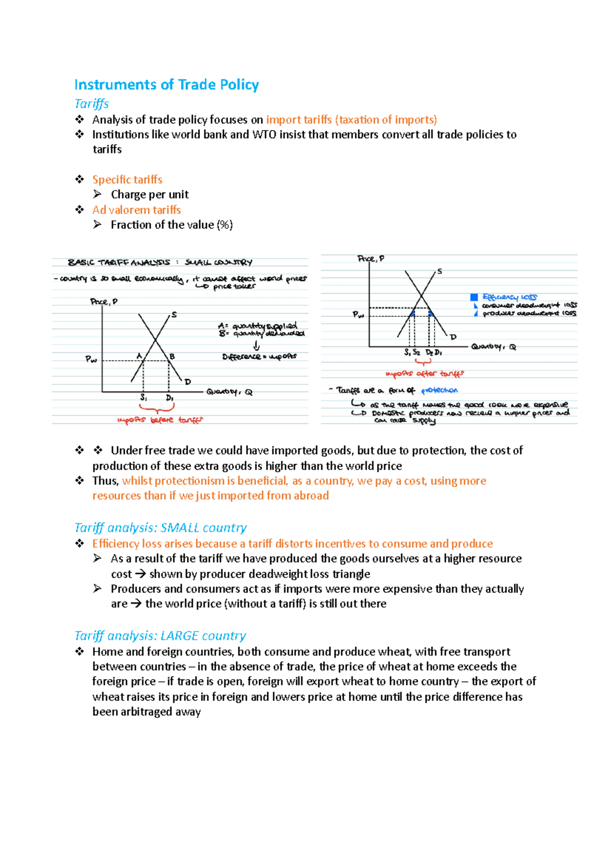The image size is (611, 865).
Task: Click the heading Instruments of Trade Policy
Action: (x=166, y=85)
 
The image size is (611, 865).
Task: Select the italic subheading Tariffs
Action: (x=91, y=104)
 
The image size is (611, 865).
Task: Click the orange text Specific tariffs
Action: (x=127, y=180)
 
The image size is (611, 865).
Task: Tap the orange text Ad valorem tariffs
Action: (x=136, y=210)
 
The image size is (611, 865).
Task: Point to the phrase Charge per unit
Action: (x=150, y=195)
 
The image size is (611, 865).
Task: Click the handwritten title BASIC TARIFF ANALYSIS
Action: (x=119, y=263)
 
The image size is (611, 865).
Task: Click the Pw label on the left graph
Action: (x=91, y=360)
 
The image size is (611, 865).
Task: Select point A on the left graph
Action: (x=139, y=356)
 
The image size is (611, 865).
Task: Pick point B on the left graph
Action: (x=172, y=357)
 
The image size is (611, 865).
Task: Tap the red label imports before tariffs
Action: (x=160, y=420)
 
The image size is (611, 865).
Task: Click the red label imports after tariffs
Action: (x=425, y=374)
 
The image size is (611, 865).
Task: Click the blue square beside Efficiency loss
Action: (x=474, y=297)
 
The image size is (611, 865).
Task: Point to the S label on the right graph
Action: (x=439, y=272)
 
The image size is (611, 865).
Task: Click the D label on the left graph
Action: (x=187, y=382)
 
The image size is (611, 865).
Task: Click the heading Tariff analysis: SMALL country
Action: (x=160, y=528)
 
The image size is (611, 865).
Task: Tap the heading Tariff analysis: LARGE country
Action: (x=160, y=636)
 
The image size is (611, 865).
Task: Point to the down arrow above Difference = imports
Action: (x=256, y=346)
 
